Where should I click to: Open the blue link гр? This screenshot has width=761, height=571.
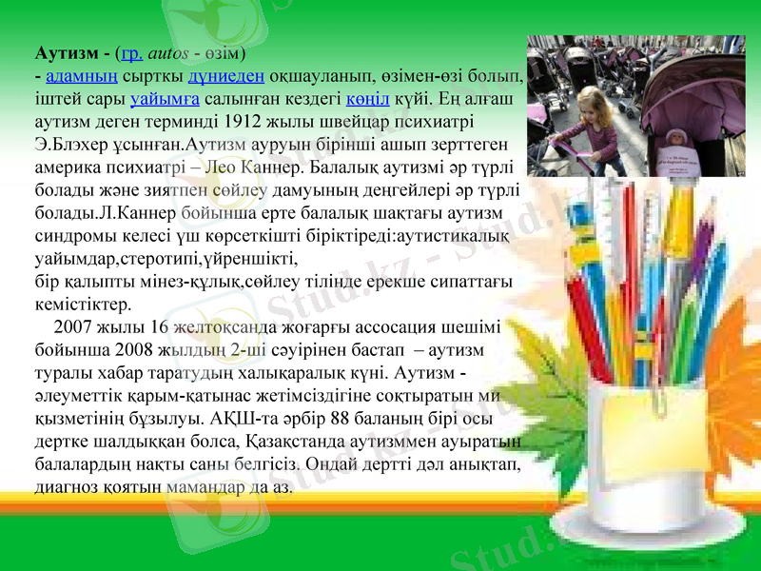click(x=131, y=50)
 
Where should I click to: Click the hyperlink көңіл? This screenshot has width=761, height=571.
click(x=365, y=98)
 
